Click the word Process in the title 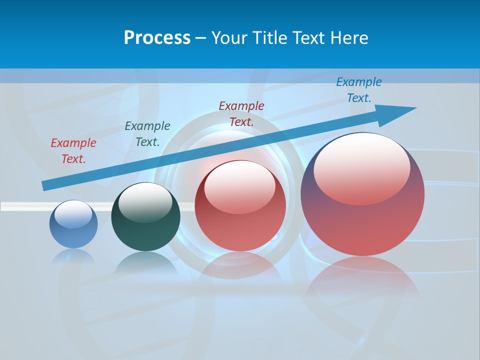157,38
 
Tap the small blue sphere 73,224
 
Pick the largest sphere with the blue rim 362,194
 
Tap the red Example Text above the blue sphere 73,151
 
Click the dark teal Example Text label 147,134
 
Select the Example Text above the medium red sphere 241,113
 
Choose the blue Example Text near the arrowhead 359,90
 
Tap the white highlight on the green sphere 145,202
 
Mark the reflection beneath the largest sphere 362,280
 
